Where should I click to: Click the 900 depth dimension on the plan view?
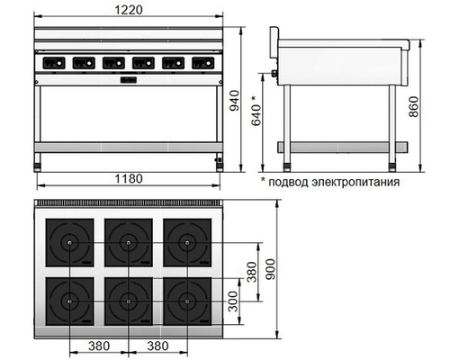[284, 273]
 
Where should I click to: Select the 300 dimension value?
[234, 302]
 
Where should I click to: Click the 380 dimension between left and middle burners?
[100, 345]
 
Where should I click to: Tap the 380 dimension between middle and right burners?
[158, 345]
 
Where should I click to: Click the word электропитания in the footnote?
[353, 181]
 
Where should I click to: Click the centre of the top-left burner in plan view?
[71, 242]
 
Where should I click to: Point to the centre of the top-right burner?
[185, 242]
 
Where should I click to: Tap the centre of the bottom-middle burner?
[129, 300]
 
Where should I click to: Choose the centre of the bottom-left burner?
[71, 300]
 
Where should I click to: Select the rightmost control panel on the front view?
[201, 63]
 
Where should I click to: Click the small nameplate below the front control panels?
[128, 81]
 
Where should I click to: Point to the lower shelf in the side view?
[337, 143]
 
